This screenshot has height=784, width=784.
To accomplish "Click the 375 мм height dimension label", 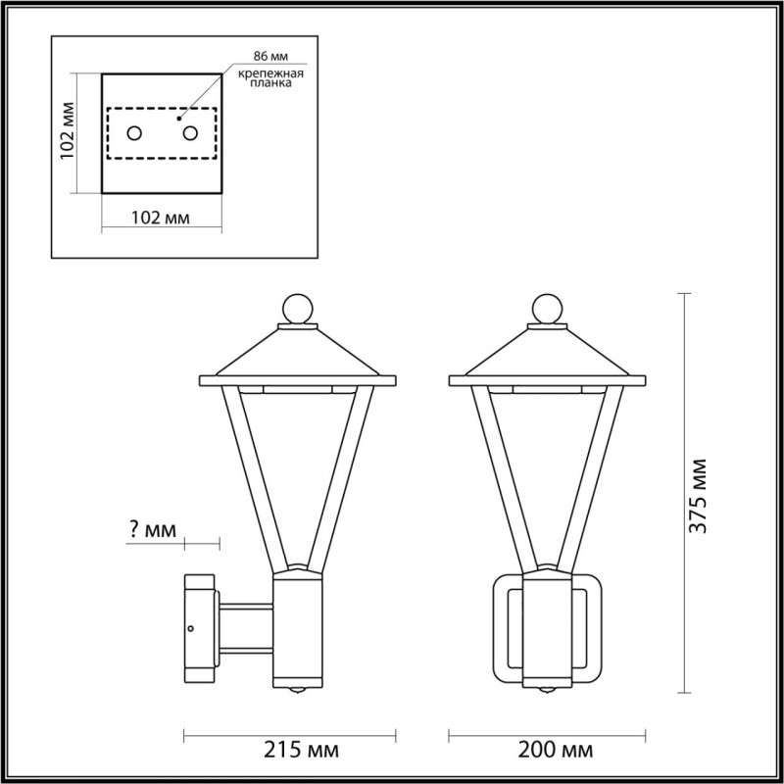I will click(x=698, y=495).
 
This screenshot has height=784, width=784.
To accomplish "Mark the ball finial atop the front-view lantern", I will click(x=545, y=309).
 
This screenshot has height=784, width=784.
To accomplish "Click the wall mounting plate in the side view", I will click(x=200, y=628).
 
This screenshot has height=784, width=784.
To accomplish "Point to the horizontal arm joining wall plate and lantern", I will click(x=245, y=628).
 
